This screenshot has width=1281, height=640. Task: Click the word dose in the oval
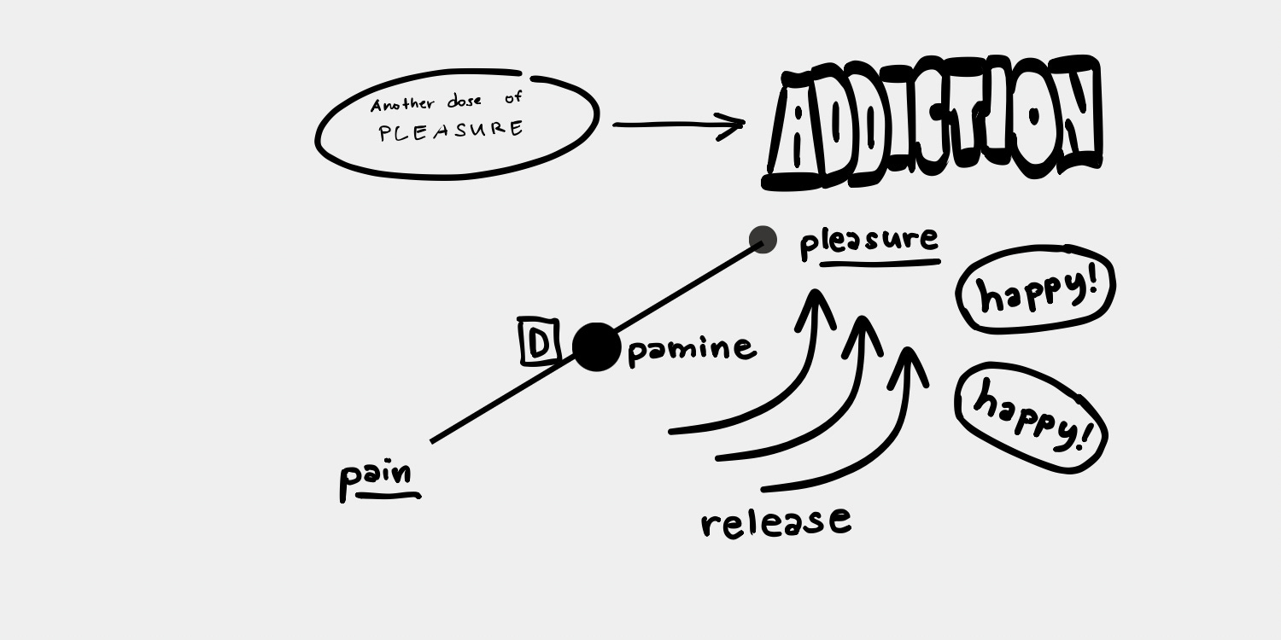465,102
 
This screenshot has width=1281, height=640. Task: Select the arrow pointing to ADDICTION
679,125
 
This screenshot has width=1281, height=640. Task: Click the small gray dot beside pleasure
763,240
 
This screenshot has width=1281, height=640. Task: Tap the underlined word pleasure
869,241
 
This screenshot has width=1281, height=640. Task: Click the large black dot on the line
596,347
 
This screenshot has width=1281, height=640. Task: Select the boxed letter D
538,342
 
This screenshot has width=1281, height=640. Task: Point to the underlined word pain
376,476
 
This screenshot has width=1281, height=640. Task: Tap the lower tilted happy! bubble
1032,417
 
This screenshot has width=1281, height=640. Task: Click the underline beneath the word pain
389,494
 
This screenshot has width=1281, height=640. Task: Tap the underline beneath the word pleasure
880,264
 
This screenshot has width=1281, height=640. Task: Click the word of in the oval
513,98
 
